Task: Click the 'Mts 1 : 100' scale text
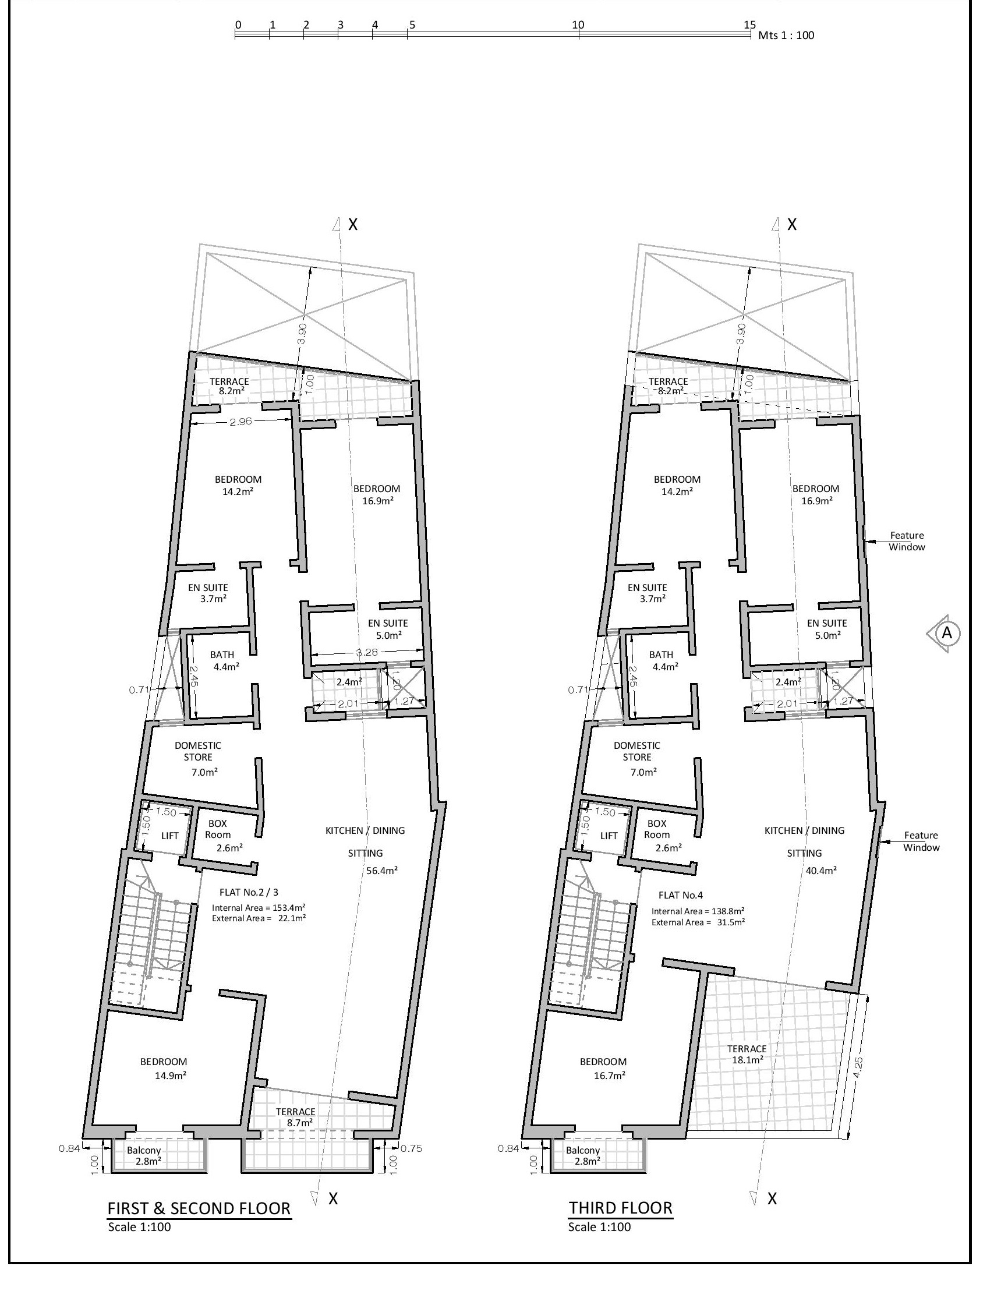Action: (786, 35)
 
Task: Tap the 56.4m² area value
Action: (381, 871)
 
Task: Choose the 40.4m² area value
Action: (820, 871)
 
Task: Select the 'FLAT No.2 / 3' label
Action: (249, 892)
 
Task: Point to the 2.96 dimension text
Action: (240, 422)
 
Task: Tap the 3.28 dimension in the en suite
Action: (366, 653)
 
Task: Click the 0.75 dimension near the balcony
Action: (411, 1148)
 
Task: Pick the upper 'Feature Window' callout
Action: (907, 541)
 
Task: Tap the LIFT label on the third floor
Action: (609, 836)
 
